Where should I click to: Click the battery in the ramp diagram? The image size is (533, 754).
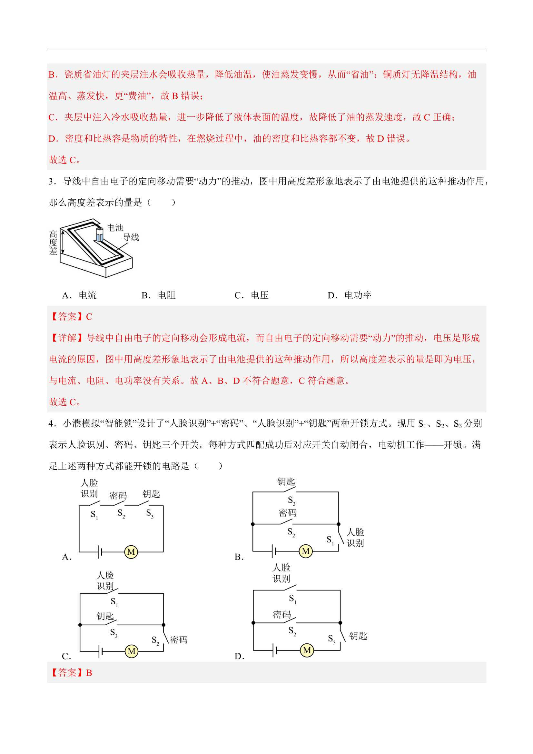click(x=100, y=234)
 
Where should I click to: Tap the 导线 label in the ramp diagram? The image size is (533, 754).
click(x=131, y=237)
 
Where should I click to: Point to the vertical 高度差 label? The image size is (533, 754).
click(x=53, y=243)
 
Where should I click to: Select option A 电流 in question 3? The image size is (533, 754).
click(x=79, y=295)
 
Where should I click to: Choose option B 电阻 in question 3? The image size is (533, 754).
click(x=159, y=295)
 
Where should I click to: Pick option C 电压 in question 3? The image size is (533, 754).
click(x=252, y=295)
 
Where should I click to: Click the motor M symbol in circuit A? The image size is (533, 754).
click(x=131, y=552)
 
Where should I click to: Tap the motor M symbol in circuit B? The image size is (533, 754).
click(x=306, y=551)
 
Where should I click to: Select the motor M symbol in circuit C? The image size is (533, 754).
click(x=131, y=651)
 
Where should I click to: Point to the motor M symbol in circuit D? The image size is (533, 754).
click(x=307, y=650)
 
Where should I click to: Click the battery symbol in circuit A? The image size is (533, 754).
click(x=100, y=552)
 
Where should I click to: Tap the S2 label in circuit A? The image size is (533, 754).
click(x=121, y=513)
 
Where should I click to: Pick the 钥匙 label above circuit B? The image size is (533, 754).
click(x=286, y=482)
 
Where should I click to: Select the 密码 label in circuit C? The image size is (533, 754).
click(x=179, y=640)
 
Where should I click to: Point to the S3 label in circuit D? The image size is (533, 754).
click(x=332, y=639)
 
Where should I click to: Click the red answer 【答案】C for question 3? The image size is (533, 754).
click(x=71, y=317)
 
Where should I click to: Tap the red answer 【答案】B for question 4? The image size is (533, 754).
click(x=71, y=673)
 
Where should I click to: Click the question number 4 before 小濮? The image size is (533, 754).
click(x=51, y=424)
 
